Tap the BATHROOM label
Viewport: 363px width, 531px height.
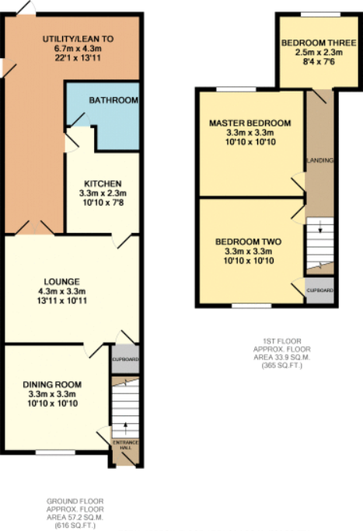click(113, 101)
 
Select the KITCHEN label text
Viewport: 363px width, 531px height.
click(103, 183)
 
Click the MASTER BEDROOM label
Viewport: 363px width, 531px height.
click(250, 123)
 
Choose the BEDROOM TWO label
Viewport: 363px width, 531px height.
click(248, 241)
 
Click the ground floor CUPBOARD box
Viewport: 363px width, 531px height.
click(125, 359)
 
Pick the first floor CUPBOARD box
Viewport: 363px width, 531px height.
click(319, 290)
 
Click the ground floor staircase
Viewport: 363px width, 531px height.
click(124, 411)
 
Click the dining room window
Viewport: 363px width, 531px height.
click(49, 452)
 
